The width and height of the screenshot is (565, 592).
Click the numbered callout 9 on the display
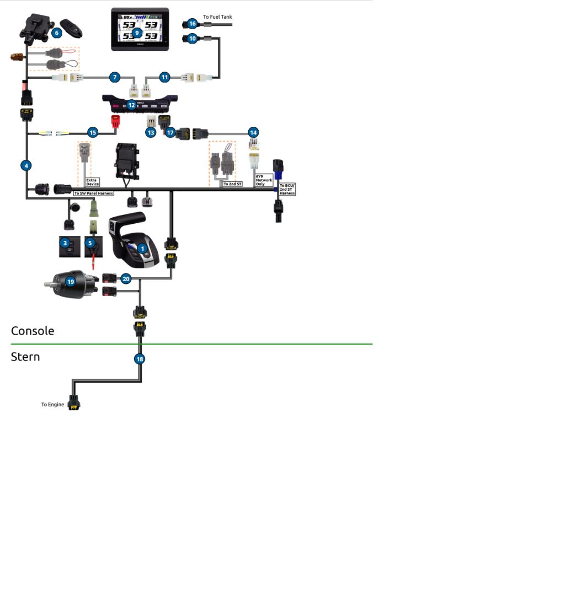[137, 33]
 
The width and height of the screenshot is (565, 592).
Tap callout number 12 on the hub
[131, 104]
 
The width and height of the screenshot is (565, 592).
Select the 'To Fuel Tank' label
[217, 17]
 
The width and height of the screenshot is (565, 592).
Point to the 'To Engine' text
[52, 405]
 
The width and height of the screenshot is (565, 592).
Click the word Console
[33, 331]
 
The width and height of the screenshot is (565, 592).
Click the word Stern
[25, 357]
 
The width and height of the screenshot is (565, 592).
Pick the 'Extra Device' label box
[92, 182]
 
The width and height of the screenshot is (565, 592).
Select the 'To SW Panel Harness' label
[93, 193]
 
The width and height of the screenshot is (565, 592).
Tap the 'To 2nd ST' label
[232, 184]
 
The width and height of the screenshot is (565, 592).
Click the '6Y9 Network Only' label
[264, 180]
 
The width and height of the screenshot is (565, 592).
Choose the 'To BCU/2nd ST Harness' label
[287, 189]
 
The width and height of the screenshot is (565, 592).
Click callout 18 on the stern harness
[140, 359]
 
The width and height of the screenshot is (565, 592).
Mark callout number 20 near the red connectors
[126, 279]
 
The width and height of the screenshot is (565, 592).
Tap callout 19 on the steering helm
[70, 281]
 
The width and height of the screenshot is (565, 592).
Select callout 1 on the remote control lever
[142, 249]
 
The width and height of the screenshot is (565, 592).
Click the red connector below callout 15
[116, 121]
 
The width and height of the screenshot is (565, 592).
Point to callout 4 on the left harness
[26, 165]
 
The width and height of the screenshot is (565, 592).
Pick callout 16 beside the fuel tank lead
[192, 24]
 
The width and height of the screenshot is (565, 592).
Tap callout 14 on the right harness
[253, 132]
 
